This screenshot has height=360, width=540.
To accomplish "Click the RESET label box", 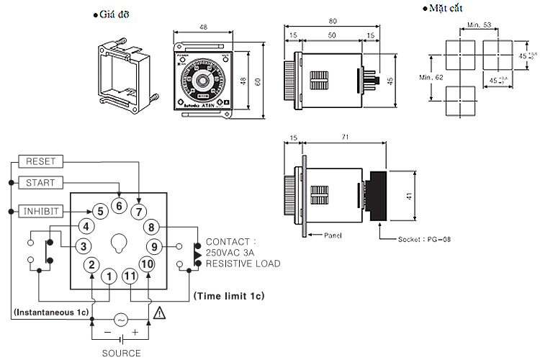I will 40,161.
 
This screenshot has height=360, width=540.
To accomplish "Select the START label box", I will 40,183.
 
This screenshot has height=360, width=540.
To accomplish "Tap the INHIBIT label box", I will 40,211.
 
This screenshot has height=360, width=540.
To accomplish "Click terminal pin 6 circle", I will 120,206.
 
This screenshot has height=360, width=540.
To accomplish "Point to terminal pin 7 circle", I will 140,212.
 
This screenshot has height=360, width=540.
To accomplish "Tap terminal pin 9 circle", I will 154,247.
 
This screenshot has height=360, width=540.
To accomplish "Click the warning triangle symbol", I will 158,313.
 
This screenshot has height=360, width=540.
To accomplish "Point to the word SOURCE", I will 120,353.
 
